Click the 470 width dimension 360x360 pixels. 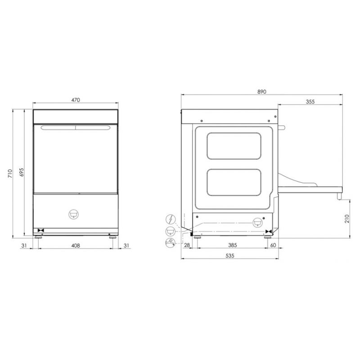(76, 100)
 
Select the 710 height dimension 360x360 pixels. (10, 174)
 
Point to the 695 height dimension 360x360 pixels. (21, 172)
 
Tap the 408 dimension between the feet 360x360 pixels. (76, 245)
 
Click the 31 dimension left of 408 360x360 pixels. (24, 245)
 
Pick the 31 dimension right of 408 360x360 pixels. (126, 245)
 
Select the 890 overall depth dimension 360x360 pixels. (262, 92)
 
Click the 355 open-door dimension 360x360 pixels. (310, 102)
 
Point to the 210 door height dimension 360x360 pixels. (346, 219)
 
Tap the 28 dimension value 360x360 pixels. (187, 245)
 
